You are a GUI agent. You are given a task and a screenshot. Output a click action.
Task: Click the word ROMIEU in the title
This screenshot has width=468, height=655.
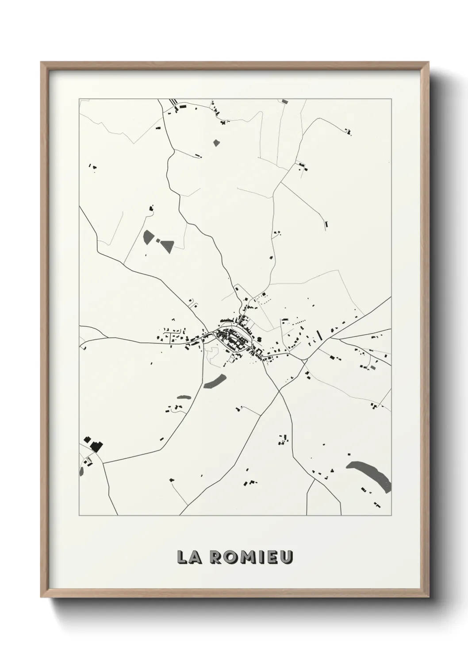tap(251, 558)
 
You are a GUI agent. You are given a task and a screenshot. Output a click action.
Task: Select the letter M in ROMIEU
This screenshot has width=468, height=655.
tap(245, 558)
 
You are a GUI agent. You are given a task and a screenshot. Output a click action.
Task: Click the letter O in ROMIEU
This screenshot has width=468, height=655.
tap(230, 558)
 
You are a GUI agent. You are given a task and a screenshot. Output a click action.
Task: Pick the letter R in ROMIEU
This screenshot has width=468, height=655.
tap(216, 558)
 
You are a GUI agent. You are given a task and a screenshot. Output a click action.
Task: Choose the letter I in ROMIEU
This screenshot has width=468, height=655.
tap(260, 558)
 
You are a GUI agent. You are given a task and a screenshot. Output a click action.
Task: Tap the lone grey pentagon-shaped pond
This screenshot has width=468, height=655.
tap(216, 143)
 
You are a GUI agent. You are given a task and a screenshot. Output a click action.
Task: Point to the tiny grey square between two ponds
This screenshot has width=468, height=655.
tap(158, 240)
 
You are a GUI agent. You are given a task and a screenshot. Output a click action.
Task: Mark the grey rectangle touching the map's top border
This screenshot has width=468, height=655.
tap(284, 101)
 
